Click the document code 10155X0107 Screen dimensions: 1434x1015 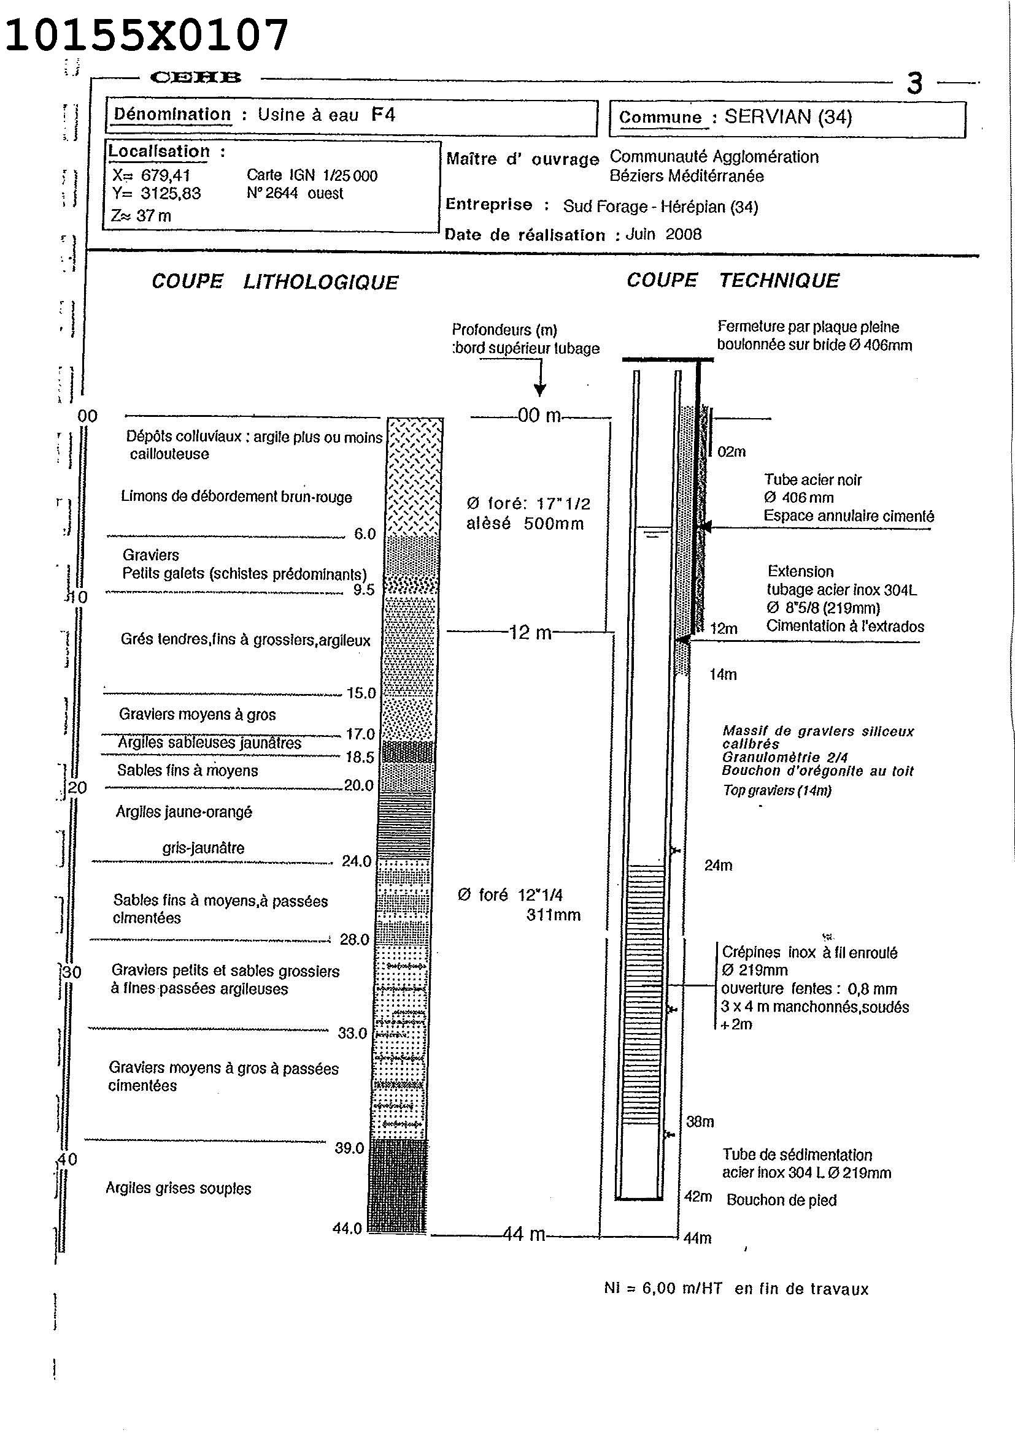click(x=147, y=36)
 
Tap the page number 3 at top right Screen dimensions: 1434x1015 click(x=914, y=83)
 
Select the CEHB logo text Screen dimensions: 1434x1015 click(x=196, y=77)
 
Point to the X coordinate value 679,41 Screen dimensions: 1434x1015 click(x=166, y=175)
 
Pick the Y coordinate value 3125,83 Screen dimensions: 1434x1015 click(x=171, y=194)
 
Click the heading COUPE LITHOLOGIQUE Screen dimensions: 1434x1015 click(x=274, y=282)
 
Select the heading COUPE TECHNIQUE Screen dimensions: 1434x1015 click(x=733, y=280)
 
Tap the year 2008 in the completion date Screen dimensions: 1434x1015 click(x=683, y=234)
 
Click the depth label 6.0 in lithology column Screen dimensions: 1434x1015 click(x=365, y=534)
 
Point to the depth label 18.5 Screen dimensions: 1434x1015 click(x=360, y=758)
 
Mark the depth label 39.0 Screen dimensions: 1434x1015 click(x=349, y=1148)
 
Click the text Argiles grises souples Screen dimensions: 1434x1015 click(x=178, y=1188)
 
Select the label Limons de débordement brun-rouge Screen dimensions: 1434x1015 click(x=236, y=497)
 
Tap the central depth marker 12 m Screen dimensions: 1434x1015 click(x=531, y=633)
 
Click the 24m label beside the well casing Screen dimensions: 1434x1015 click(x=718, y=866)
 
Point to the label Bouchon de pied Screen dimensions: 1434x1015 click(x=781, y=1200)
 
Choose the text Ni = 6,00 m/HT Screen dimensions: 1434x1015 click(x=663, y=1289)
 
